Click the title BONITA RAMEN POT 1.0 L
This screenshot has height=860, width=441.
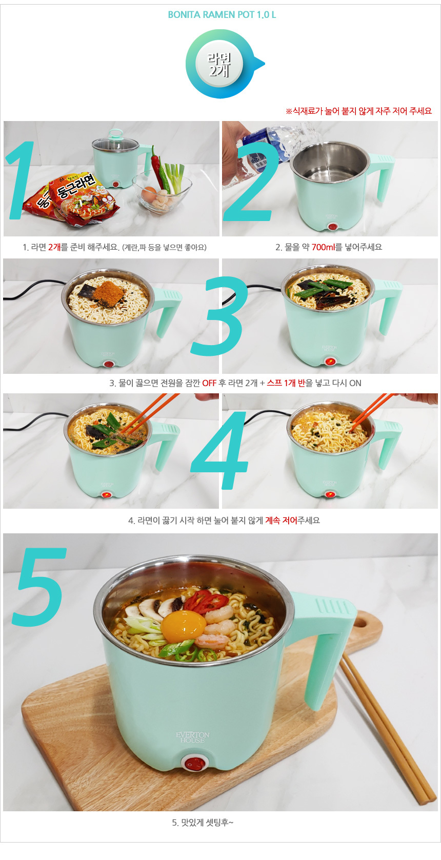click(222, 14)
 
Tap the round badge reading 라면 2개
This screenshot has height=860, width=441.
click(219, 64)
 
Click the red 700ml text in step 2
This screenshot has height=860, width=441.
click(323, 247)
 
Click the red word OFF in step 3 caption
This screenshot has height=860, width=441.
click(209, 383)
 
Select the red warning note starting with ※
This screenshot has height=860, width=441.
click(359, 111)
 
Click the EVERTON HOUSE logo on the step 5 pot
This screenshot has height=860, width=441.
click(193, 737)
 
